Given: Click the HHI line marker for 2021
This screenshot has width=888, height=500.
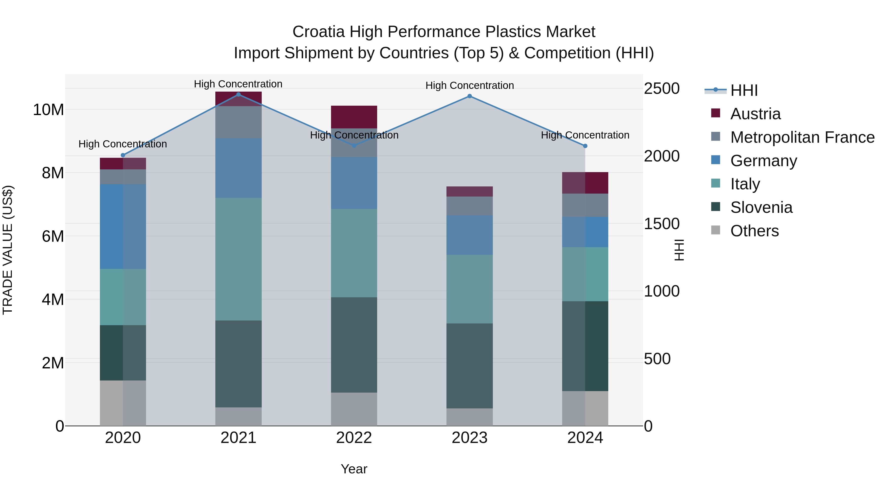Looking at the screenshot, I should (x=238, y=94).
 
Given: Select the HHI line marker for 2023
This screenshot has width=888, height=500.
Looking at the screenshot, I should (x=469, y=96).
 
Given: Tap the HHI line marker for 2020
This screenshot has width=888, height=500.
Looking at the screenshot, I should (x=123, y=155).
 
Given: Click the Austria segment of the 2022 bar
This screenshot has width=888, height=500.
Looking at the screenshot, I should (x=354, y=117).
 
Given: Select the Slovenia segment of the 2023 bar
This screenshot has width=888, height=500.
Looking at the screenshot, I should (x=469, y=366).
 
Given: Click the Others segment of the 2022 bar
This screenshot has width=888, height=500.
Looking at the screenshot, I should (x=354, y=409).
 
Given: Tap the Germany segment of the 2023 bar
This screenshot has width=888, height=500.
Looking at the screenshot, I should (x=469, y=235).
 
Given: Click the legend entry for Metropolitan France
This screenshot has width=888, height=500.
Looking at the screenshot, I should (x=802, y=137).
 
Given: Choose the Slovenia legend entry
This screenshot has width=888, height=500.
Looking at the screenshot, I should (x=761, y=207).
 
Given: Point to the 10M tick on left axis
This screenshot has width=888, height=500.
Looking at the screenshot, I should (x=48, y=110).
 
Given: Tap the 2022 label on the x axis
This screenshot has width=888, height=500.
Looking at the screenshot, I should (x=354, y=438).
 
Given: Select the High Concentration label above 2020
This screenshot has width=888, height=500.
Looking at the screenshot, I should (x=123, y=144).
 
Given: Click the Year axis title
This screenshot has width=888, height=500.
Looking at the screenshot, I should (x=354, y=469).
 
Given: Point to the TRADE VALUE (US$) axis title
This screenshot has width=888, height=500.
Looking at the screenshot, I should (x=8, y=250).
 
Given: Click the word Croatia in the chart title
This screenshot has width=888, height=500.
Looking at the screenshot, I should (x=318, y=32).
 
